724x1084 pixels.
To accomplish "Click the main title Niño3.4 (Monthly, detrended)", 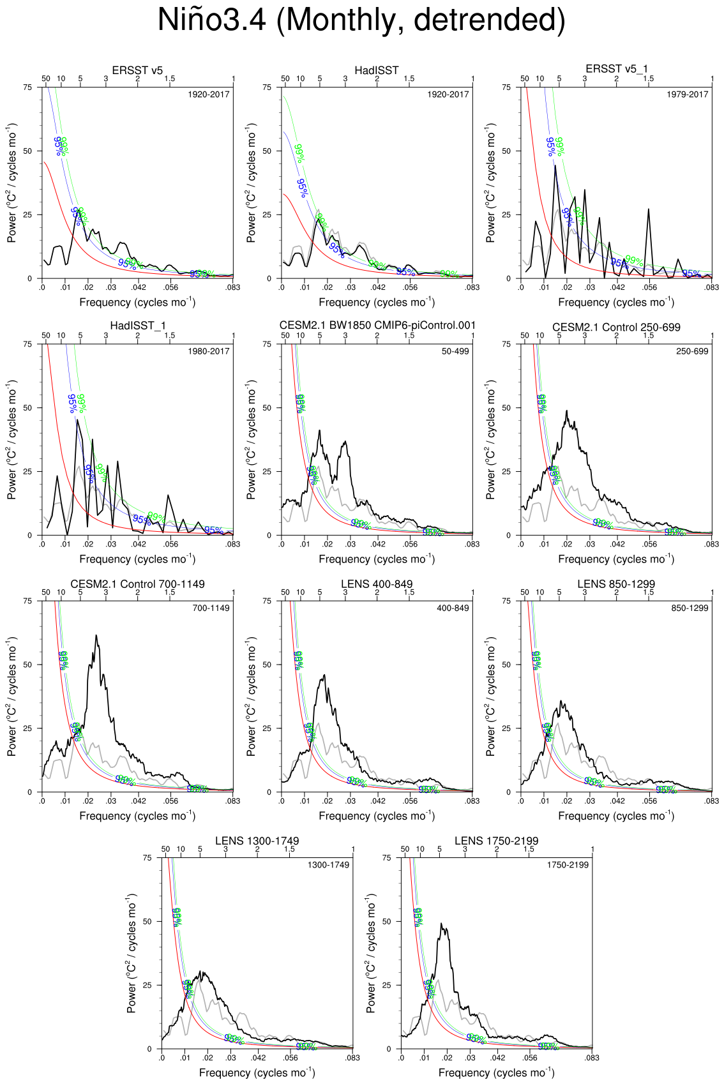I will tap(361, 20).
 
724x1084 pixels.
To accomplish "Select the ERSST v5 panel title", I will tap(137, 70).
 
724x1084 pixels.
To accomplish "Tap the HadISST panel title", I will tap(377, 70).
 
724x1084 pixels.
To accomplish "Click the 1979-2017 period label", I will tap(688, 94).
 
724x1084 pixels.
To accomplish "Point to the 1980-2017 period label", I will tap(209, 351).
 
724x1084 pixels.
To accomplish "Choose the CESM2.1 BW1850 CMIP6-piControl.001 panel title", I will tap(377, 326).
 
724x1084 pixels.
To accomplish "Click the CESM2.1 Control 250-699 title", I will tap(616, 327).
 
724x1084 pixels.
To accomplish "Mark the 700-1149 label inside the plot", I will tap(211, 608).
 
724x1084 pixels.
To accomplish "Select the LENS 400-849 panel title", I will tap(377, 584).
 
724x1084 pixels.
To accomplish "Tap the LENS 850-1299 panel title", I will tap(616, 584).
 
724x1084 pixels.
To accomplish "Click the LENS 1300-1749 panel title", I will tap(257, 841).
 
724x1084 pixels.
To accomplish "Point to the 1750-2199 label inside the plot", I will tap(568, 865).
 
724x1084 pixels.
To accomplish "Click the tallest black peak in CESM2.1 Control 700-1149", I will tap(96, 636).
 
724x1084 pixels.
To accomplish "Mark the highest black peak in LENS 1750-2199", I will tap(442, 924).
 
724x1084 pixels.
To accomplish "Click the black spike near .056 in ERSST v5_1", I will tap(649, 209).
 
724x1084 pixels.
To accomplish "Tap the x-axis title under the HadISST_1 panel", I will tap(137, 559).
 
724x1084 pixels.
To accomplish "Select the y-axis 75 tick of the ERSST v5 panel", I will tap(27, 87).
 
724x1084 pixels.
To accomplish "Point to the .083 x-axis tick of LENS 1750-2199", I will tap(592, 1058).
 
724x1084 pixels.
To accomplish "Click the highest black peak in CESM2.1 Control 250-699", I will tap(567, 411).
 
